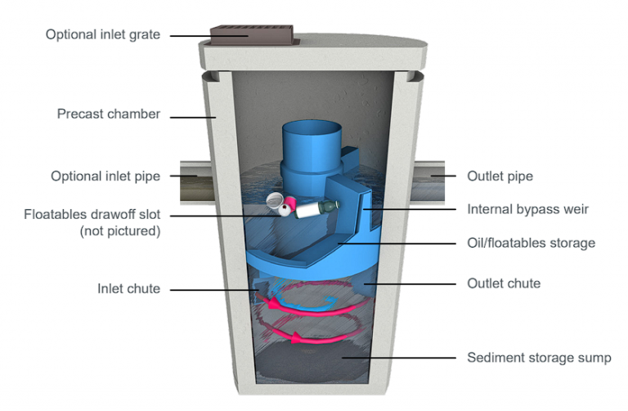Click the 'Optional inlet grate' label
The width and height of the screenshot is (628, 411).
pos(102,34)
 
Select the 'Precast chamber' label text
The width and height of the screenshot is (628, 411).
pos(109,114)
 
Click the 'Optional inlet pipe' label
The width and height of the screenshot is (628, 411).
pos(105,176)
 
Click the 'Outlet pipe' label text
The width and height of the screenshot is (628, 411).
pos(500,176)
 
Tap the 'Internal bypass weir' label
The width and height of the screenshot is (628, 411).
pos(527,209)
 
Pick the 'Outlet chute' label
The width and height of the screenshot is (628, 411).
pos(504,284)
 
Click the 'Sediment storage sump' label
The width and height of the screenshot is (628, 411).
pos(539,357)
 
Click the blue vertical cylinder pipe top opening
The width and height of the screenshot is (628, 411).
pos(310,131)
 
